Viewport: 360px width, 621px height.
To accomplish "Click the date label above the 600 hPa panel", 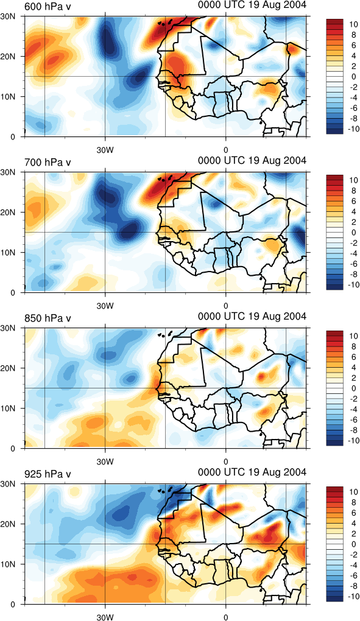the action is [252, 5].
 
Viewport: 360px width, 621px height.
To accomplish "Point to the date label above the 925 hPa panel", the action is [252, 472].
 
